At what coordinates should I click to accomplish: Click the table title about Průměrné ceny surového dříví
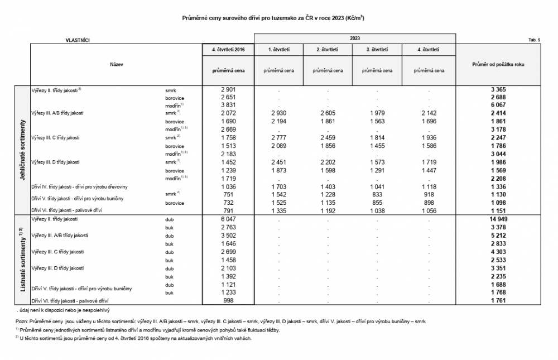coord(273,18)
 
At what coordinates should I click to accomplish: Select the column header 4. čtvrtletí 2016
coord(228,50)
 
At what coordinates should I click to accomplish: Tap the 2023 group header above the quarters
coord(355,38)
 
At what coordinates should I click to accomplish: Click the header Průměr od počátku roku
coord(498,64)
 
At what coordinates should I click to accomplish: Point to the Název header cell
coord(117,64)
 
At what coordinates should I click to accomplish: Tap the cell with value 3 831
coord(228,105)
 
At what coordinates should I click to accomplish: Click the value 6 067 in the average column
coord(498,105)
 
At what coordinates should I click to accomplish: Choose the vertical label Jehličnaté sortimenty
coord(22,149)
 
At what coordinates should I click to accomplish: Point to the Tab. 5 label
coord(534,40)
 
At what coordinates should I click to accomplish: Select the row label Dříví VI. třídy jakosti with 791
coord(69,210)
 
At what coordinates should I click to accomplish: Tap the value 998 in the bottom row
coord(228,301)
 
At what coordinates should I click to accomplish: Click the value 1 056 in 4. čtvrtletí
coord(430,211)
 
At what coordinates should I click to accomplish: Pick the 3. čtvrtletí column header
coord(377,50)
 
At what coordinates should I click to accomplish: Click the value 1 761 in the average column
coord(498,301)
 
